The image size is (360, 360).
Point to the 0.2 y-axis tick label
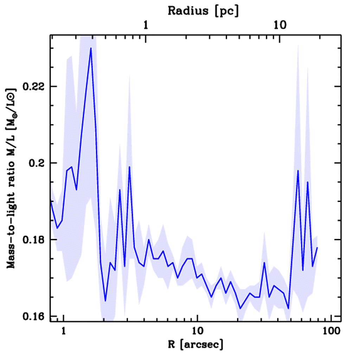(x=37, y=163)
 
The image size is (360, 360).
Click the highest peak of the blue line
(x=91, y=48)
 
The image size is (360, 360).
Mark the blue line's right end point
(x=317, y=247)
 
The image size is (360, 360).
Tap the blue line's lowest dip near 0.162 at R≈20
(x=240, y=308)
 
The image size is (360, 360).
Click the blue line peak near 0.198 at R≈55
(x=298, y=171)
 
